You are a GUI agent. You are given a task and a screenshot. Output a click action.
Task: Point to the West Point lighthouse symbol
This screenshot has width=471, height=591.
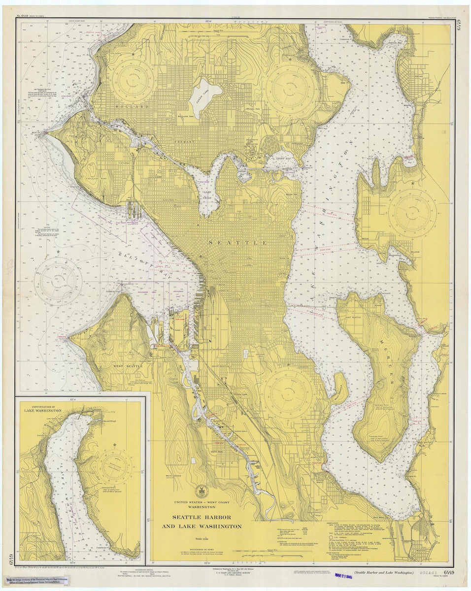click(x=45, y=132)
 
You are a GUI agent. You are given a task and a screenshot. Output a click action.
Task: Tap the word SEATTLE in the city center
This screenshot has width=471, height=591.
click(x=238, y=243)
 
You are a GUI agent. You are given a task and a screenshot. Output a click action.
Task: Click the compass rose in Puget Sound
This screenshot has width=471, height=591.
click(x=58, y=281)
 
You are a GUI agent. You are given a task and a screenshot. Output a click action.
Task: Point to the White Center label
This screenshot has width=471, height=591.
click(x=173, y=476)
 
